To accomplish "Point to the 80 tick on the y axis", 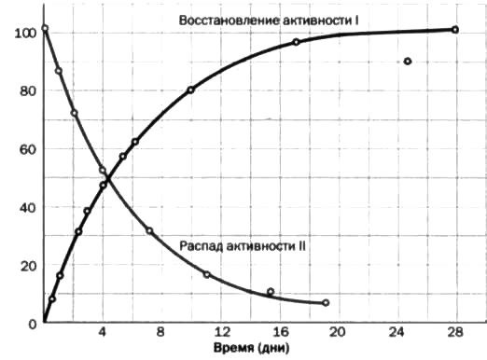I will coord(26,90).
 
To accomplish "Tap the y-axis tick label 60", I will coord(26,149).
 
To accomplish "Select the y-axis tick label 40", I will coord(26,207).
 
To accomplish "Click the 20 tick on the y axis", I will coord(26,266).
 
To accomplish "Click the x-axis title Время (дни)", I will coord(251,350).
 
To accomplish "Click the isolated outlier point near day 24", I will coord(408,62).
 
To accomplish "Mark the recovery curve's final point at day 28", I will coord(455,30).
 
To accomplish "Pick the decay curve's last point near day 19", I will coord(326,303).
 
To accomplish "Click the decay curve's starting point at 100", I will coord(45,29).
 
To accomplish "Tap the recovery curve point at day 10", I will coord(190,90).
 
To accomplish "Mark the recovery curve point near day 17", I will coord(296,42).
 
